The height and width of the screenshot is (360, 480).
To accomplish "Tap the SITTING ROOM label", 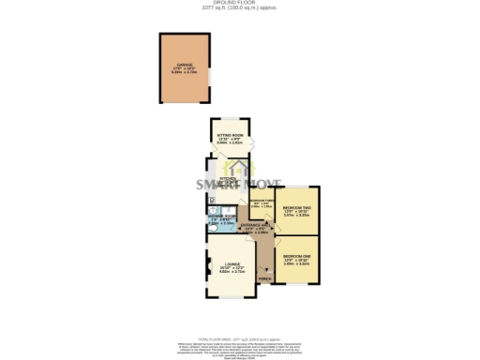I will [230, 136].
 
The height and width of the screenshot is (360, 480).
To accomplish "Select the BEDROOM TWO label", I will [297, 206].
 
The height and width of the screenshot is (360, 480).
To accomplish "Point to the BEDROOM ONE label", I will [297, 256].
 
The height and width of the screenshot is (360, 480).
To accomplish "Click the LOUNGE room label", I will [232, 265].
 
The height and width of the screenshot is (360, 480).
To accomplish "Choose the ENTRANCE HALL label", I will [256, 225].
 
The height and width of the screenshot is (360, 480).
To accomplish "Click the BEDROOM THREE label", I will [262, 200].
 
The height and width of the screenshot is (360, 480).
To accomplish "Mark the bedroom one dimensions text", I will [297, 262].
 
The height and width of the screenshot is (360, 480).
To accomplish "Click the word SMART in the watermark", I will [217, 184].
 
